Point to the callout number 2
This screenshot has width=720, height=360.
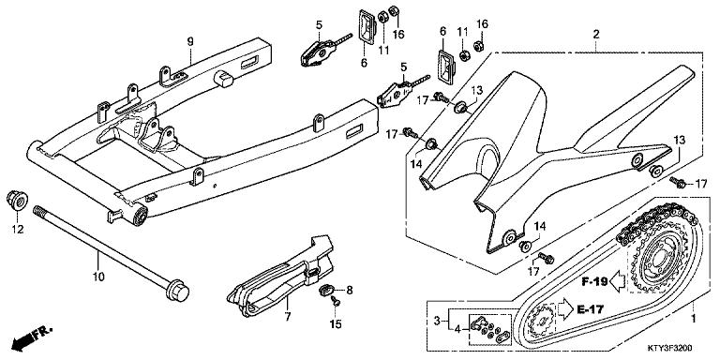pos(594,35)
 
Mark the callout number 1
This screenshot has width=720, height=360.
pos(695,319)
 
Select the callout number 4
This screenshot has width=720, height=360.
pos(457,328)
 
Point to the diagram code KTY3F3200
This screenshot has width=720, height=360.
pos(680,350)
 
